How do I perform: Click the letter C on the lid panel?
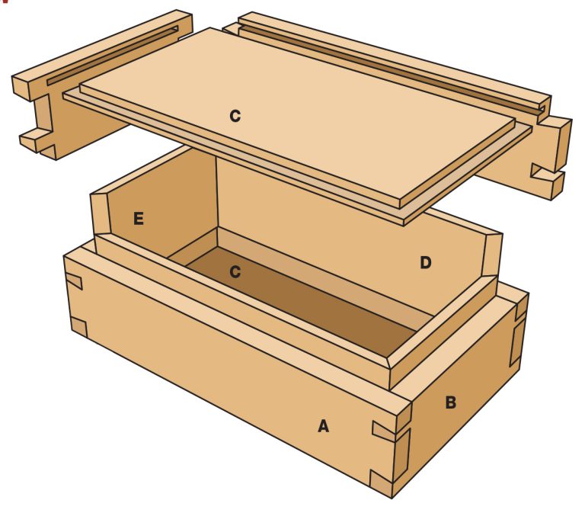[235, 117]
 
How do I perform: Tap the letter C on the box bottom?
[235, 272]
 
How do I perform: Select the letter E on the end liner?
[138, 220]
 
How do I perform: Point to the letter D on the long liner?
[425, 263]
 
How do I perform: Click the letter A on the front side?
[323, 426]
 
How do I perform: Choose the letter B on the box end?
[450, 402]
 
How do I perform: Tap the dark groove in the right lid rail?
[388, 65]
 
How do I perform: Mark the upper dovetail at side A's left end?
[74, 280]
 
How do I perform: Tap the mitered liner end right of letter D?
[491, 255]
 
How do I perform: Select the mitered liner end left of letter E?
[99, 214]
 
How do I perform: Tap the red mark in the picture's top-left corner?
[4, 2]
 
